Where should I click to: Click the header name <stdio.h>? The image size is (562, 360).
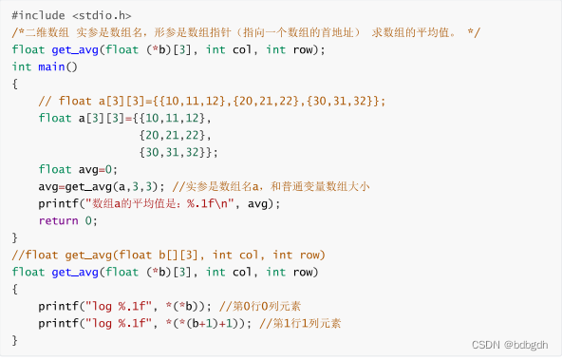tap(100, 15)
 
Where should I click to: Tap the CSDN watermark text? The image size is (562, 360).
tap(485, 346)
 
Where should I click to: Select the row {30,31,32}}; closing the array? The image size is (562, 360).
tap(178, 152)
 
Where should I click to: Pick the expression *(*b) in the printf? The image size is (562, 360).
tap(178, 306)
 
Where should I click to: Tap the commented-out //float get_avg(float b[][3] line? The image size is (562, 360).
tap(169, 255)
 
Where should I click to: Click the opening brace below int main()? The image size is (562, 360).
tap(15, 84)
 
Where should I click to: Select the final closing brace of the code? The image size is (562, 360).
tap(15, 340)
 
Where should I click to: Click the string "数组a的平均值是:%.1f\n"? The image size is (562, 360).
tap(160, 203)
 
